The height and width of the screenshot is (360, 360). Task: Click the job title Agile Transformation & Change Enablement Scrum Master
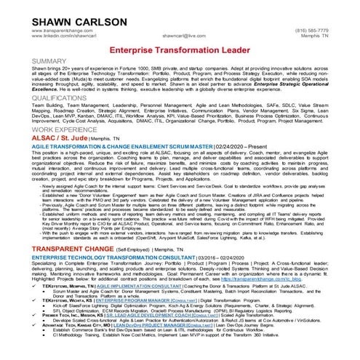click(102, 146)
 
